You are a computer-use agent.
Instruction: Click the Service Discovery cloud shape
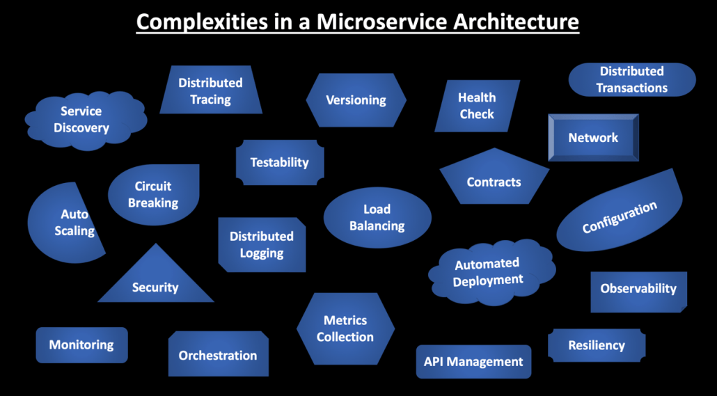tap(82, 120)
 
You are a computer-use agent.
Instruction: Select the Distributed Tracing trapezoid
tap(211, 91)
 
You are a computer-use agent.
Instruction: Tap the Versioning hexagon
tap(356, 100)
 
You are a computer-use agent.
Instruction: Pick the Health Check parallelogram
tap(477, 106)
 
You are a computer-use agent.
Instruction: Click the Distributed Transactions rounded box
tap(631, 79)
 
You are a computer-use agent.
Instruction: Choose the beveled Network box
tap(593, 138)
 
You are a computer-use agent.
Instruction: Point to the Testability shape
tap(279, 162)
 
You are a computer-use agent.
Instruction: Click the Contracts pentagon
tap(494, 182)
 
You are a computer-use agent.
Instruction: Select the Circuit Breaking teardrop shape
tap(154, 194)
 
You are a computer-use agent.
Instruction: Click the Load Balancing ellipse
tap(377, 217)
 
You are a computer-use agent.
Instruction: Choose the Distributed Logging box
tap(262, 244)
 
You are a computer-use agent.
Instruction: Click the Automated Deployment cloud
tap(489, 271)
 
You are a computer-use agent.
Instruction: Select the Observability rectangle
tap(638, 289)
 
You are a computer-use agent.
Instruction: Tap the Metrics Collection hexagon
tap(345, 328)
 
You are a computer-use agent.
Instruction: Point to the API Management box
tap(473, 362)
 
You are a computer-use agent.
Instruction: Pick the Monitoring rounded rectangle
tap(81, 344)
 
